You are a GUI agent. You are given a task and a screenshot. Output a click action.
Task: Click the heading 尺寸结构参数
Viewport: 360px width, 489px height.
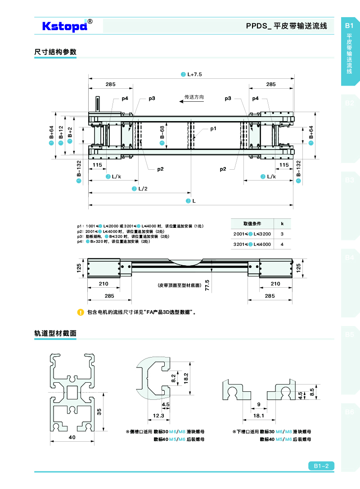(x=55, y=52)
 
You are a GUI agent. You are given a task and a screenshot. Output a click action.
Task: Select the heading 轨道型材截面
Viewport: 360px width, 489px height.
(x=55, y=334)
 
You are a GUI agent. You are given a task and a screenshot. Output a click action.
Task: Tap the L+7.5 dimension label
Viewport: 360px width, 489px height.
(x=194, y=74)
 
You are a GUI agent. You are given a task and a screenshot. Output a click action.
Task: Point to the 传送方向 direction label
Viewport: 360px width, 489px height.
(x=194, y=97)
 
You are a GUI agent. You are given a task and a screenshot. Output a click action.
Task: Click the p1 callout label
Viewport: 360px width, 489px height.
(x=213, y=129)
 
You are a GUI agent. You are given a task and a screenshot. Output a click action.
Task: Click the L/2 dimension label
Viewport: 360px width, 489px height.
(x=143, y=188)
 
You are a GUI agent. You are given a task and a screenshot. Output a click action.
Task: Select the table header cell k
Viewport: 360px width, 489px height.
(x=282, y=223)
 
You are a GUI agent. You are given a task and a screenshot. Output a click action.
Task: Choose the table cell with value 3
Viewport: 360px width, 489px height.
(x=282, y=234)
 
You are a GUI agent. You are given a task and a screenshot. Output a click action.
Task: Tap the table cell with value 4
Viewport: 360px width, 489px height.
(x=282, y=244)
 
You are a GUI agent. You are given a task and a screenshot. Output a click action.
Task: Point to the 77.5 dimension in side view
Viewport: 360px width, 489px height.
(x=207, y=285)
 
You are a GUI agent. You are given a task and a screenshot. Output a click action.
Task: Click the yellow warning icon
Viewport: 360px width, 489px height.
(x=81, y=312)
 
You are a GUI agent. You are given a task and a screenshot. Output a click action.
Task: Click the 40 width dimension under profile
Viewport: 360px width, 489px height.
(x=72, y=437)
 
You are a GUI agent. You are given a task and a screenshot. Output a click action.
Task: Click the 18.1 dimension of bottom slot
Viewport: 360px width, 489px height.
(x=258, y=416)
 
